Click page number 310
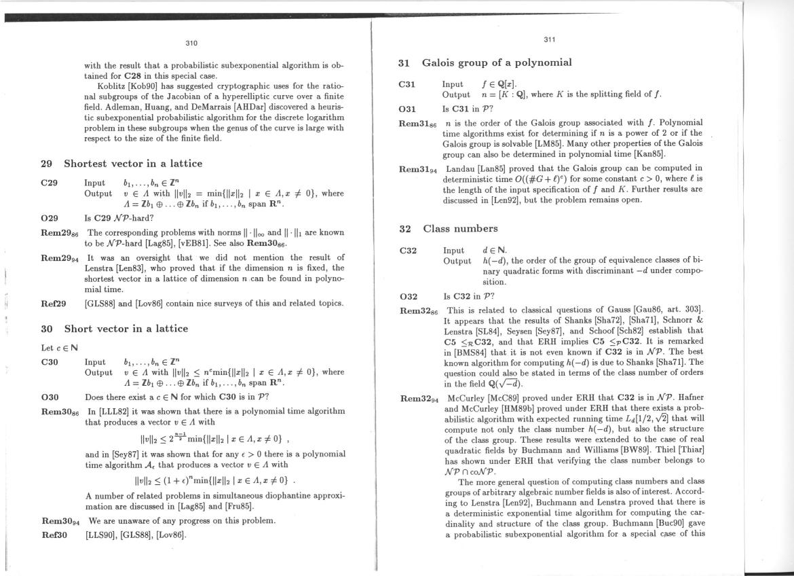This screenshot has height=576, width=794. tap(191, 43)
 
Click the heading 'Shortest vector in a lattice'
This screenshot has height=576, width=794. tap(133, 164)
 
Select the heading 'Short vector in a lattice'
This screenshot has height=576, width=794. tap(126, 329)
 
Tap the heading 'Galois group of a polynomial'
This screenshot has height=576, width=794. tap(497, 62)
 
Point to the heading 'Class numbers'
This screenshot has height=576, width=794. tap(460, 228)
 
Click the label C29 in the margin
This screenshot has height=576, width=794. tap(50, 183)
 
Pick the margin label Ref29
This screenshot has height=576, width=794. tap(54, 303)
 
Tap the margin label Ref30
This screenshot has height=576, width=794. tap(54, 535)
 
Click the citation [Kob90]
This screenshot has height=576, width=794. tap(140, 86)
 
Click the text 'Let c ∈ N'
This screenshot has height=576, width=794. tap(56, 348)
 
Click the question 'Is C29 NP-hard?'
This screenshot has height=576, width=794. tap(119, 218)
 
